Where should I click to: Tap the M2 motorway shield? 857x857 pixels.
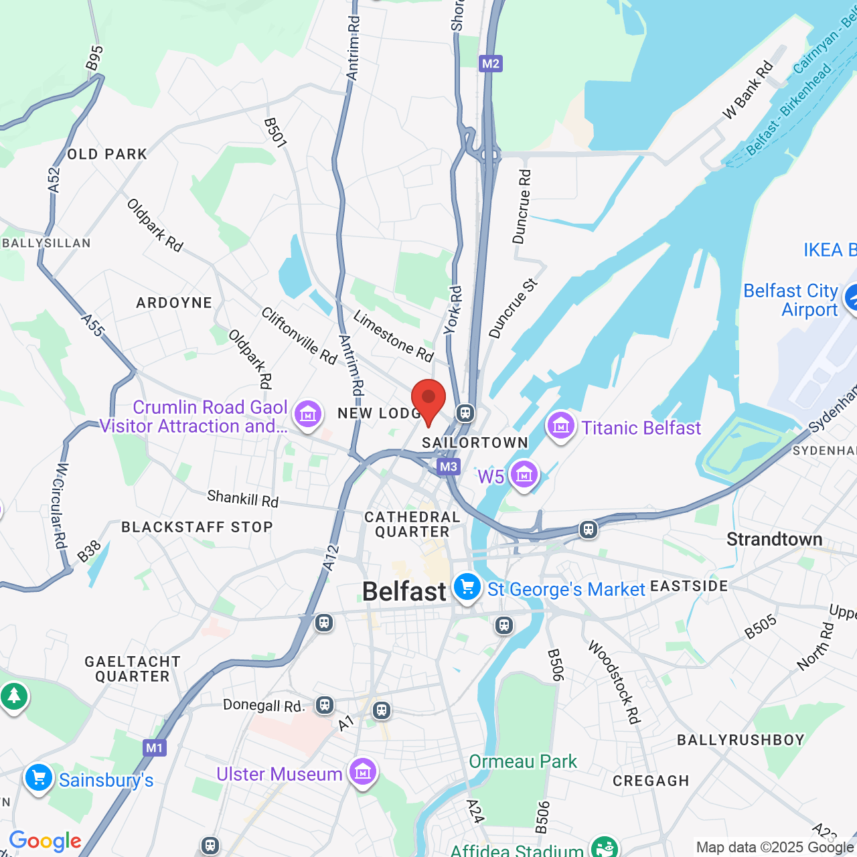(491, 64)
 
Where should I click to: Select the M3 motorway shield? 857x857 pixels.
(448, 467)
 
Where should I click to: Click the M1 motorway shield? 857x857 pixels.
(154, 748)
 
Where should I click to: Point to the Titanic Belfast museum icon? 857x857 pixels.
(560, 425)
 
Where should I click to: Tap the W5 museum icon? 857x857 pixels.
(524, 475)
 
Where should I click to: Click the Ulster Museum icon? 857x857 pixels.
(363, 772)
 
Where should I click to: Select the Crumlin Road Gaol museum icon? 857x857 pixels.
(308, 414)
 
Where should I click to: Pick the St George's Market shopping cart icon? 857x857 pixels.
(467, 588)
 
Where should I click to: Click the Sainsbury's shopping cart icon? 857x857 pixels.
(38, 778)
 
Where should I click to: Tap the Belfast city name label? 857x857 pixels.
(404, 592)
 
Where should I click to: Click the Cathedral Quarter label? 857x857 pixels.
(412, 524)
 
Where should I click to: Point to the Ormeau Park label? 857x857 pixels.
(523, 761)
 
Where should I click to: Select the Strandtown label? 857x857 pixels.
(774, 539)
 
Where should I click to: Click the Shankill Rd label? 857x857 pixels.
(242, 498)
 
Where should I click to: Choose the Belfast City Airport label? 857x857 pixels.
(791, 300)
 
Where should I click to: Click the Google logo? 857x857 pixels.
(45, 841)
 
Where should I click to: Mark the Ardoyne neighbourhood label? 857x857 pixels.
(174, 303)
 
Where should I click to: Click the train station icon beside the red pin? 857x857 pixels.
(465, 412)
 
